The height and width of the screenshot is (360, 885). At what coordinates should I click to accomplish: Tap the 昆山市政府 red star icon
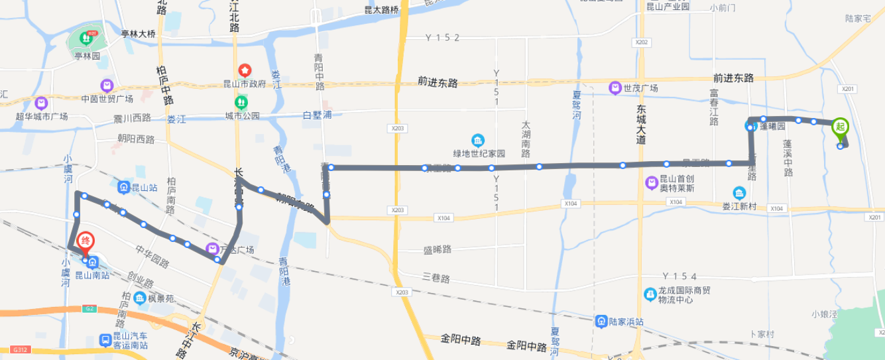coord(245,70)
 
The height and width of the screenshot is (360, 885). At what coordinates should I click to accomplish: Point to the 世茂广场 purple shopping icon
coord(615,88)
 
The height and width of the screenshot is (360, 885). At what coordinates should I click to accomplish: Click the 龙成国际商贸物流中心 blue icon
coord(650,294)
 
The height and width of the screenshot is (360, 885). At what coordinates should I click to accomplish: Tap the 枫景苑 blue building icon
coord(140,298)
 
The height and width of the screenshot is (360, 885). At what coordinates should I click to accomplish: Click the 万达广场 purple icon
coord(212,249)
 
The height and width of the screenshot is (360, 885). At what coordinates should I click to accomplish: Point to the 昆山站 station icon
coord(124,188)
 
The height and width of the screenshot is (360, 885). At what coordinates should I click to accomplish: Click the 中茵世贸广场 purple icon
coord(106,86)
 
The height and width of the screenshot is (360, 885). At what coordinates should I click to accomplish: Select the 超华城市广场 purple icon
coord(41,103)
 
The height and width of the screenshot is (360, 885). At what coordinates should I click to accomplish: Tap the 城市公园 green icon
coord(241,103)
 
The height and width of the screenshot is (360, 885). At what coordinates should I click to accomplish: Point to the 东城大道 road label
coord(640,124)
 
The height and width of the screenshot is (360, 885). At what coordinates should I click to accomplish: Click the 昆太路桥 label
coord(382,10)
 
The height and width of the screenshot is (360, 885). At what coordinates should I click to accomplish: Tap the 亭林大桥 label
coord(138,34)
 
